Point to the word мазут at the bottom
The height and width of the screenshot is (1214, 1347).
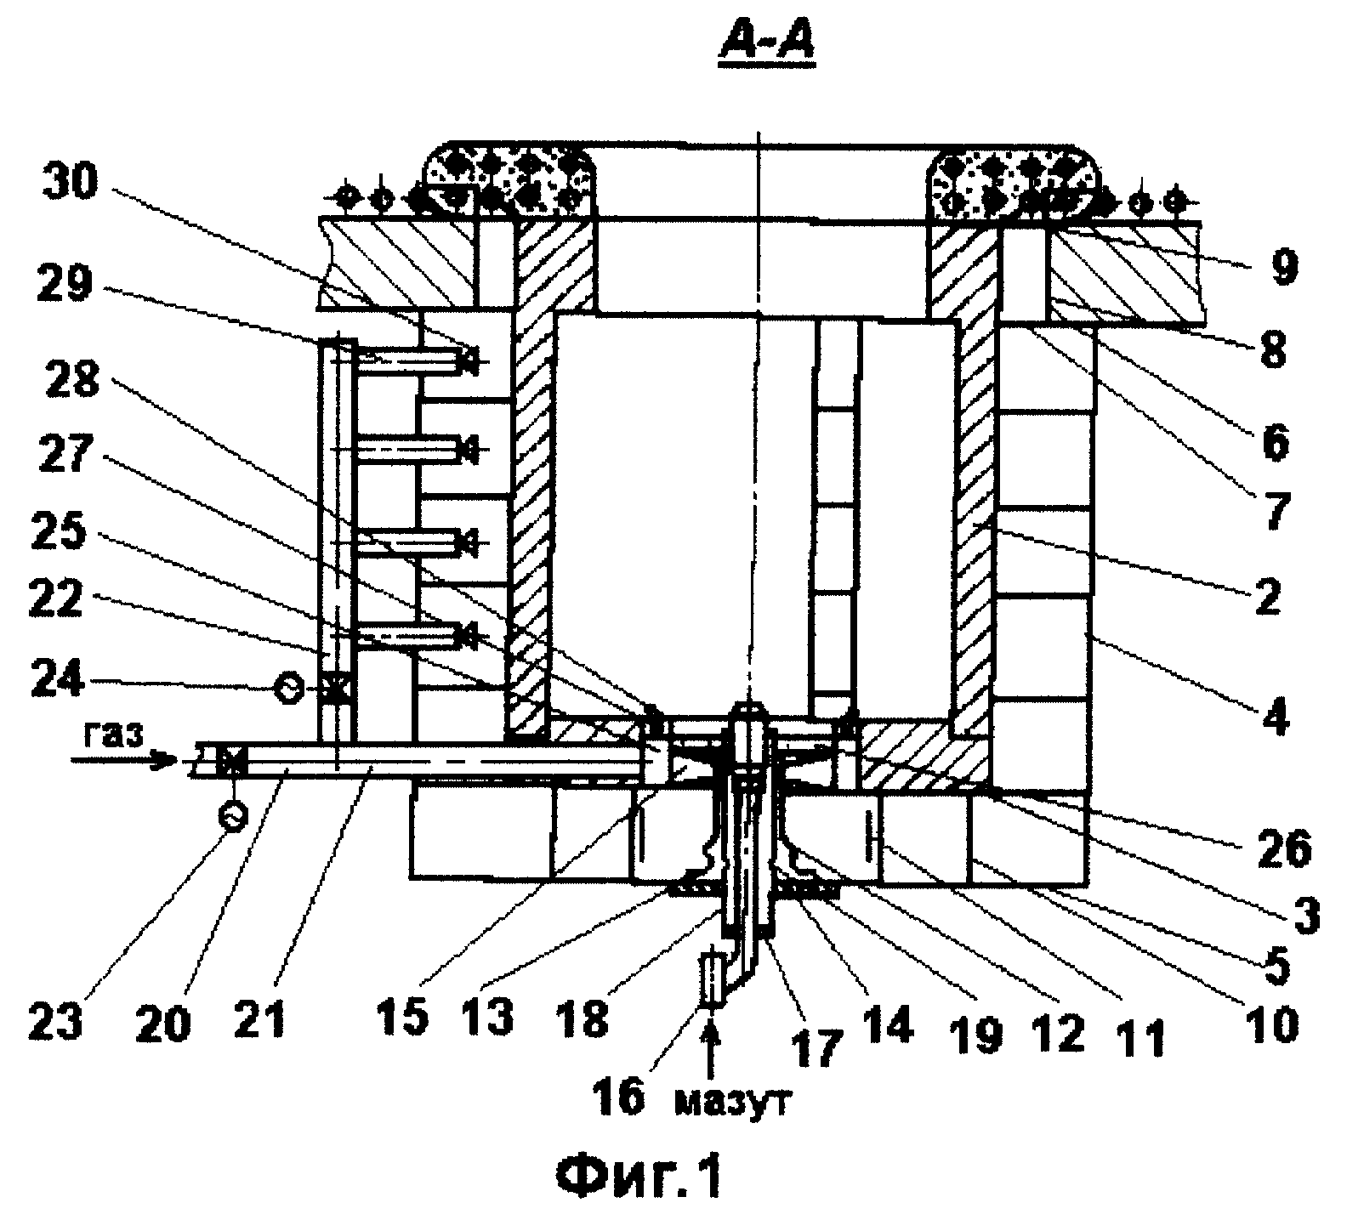[x=735, y=1104]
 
